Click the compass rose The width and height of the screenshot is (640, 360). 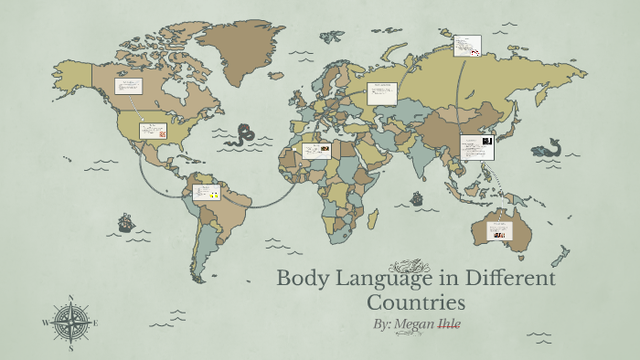click(x=69, y=323)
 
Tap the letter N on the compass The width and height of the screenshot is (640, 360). click(x=70, y=298)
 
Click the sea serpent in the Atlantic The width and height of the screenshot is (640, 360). click(x=241, y=136)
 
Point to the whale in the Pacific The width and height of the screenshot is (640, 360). click(x=551, y=147)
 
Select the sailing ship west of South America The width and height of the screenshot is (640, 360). click(x=125, y=222)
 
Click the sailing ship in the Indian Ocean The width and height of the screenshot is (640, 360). click(x=417, y=197)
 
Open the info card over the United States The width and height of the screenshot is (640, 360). click(x=152, y=131)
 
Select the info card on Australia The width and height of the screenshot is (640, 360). click(x=499, y=229)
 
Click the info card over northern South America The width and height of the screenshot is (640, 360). click(x=205, y=192)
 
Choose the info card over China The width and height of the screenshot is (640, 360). click(x=476, y=147)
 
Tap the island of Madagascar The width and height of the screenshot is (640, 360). click(x=372, y=217)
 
